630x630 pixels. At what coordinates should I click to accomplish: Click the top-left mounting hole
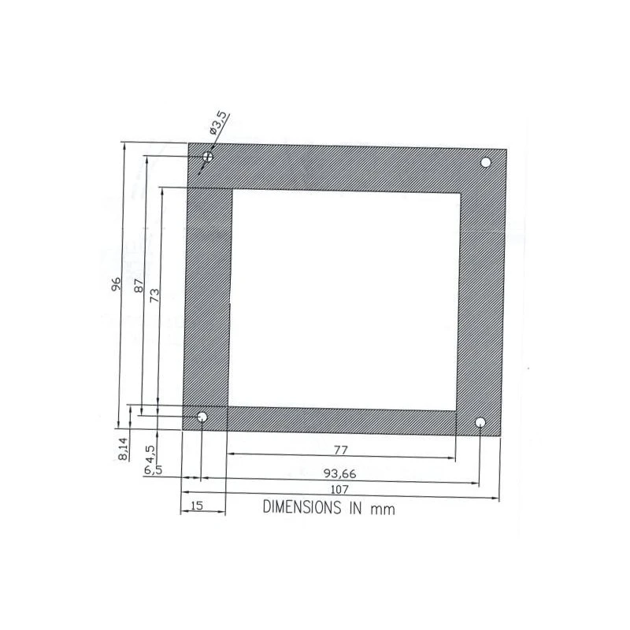tap(208, 156)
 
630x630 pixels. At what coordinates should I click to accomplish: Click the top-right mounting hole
tap(486, 162)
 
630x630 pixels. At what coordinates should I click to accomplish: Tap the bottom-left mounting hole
tap(202, 417)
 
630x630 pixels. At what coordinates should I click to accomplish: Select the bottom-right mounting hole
tap(480, 422)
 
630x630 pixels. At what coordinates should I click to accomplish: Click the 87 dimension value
tap(139, 286)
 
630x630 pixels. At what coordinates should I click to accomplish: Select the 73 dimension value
tap(154, 296)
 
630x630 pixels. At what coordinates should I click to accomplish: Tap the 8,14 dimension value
tap(124, 449)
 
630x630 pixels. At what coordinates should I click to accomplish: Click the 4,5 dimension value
tap(150, 454)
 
